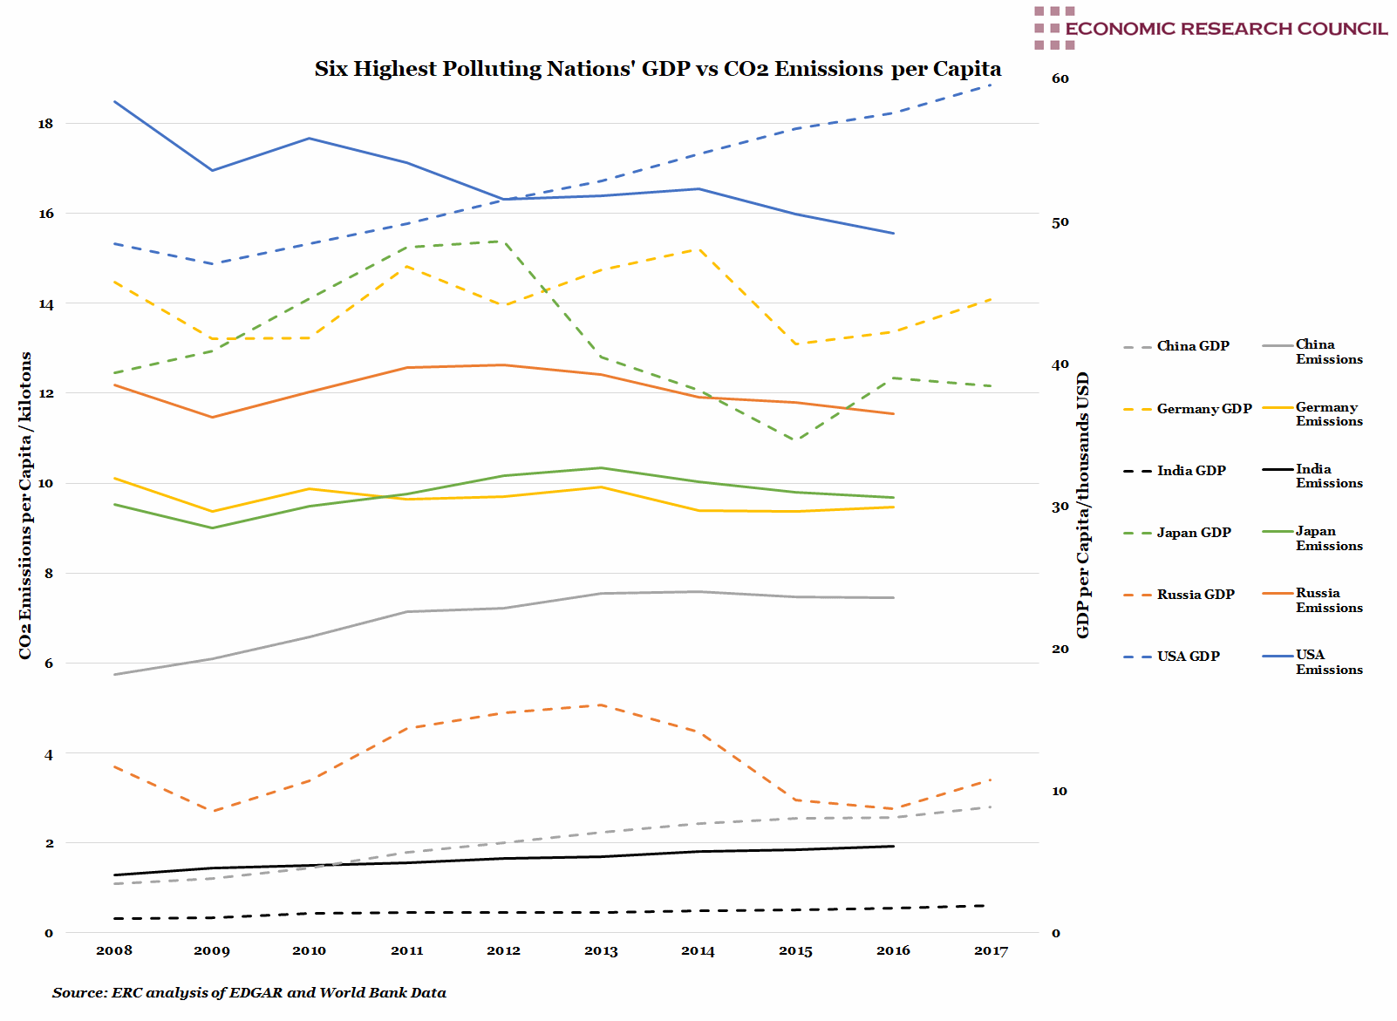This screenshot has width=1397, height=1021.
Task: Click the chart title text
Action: click(658, 69)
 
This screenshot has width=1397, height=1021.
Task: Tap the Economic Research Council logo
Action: click(1210, 28)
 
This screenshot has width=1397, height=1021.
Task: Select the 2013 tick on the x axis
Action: click(601, 950)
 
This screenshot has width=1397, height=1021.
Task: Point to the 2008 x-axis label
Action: click(114, 950)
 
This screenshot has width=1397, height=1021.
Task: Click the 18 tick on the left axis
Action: click(45, 124)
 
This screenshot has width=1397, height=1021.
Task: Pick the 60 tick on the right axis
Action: click(1060, 78)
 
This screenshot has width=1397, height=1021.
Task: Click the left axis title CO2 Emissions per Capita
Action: click(25, 505)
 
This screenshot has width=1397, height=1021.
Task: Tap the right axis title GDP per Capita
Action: click(1083, 505)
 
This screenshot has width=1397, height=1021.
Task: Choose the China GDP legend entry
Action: click(1176, 346)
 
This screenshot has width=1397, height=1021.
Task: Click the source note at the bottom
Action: click(249, 992)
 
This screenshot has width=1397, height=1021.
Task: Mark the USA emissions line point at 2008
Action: click(114, 102)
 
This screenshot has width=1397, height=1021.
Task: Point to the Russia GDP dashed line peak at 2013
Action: click(601, 704)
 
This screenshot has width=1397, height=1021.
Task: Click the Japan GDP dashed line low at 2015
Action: click(794, 440)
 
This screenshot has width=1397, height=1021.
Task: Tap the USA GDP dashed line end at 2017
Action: click(991, 85)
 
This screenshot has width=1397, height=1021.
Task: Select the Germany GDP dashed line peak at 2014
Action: click(698, 249)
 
